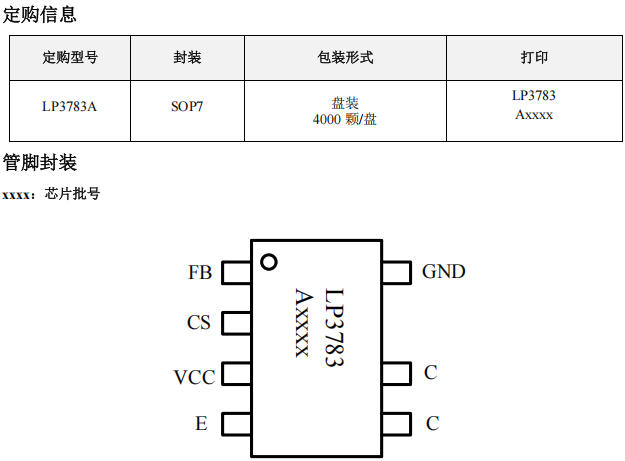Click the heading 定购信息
click(40, 15)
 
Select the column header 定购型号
click(70, 58)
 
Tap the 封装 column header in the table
click(187, 58)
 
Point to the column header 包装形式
click(344, 58)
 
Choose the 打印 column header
click(534, 58)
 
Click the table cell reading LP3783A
click(70, 106)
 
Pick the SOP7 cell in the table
click(187, 106)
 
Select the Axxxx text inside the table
click(534, 115)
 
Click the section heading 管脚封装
click(40, 163)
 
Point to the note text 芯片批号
click(73, 194)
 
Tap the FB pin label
click(199, 272)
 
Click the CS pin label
click(199, 323)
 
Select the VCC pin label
click(193, 377)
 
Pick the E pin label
click(201, 424)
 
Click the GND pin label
click(443, 271)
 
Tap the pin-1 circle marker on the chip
click(268, 262)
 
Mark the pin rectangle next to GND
click(396, 272)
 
